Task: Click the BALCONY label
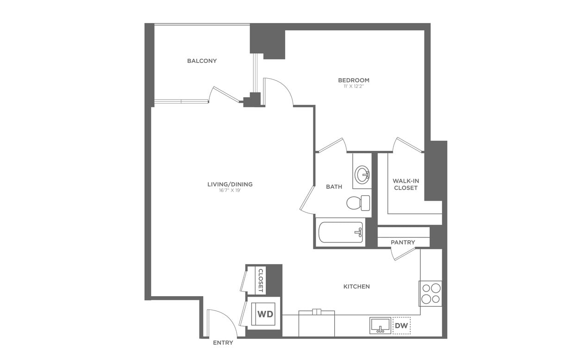click(202, 61)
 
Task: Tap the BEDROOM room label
click(354, 81)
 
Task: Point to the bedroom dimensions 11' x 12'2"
click(354, 87)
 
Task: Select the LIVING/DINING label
click(230, 184)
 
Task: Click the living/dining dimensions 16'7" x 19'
click(230, 191)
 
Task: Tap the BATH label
click(334, 187)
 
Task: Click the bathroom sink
click(362, 175)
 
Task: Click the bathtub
click(341, 232)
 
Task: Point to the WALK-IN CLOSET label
click(405, 184)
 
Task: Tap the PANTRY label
click(403, 242)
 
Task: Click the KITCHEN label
click(356, 287)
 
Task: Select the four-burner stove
click(430, 293)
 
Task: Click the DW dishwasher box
click(401, 326)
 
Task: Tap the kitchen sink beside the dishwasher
click(380, 326)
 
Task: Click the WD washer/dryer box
click(265, 314)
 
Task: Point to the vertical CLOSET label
click(261, 280)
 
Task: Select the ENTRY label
click(223, 343)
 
